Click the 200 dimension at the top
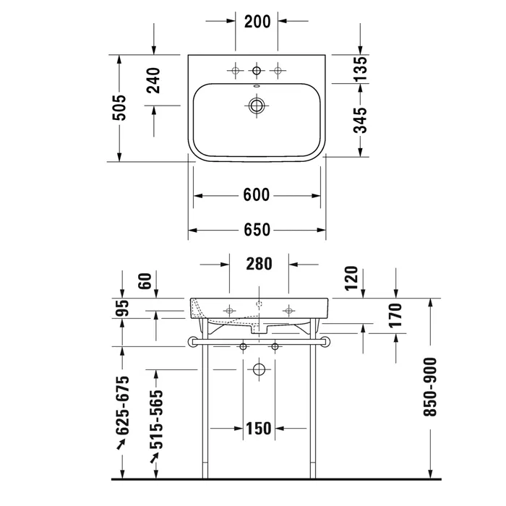(x=257, y=22)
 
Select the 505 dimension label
(x=119, y=108)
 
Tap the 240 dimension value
(x=153, y=80)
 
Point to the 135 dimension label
(x=361, y=69)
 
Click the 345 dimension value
(x=361, y=121)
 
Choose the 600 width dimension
(x=256, y=195)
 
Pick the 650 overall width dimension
(x=257, y=230)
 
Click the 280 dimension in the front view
(x=259, y=264)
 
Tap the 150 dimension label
(x=259, y=428)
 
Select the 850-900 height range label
(x=429, y=387)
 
